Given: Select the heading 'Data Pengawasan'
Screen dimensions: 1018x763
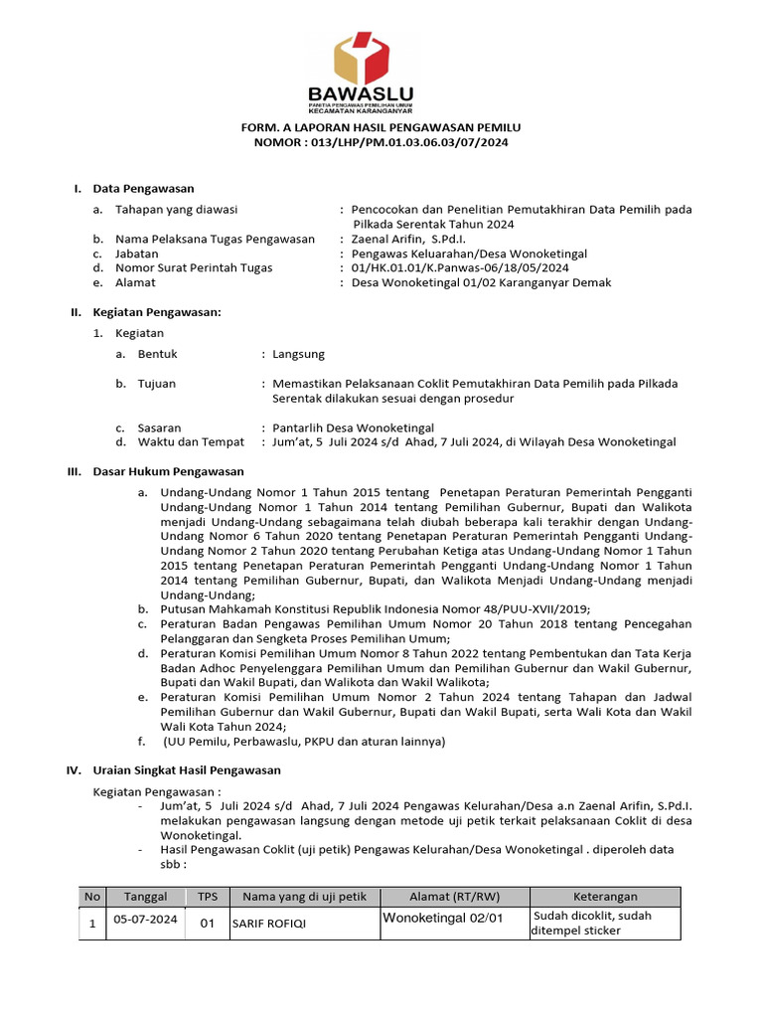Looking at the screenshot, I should click(x=143, y=188).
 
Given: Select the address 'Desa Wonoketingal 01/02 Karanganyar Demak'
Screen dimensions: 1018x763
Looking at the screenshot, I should click(x=482, y=282).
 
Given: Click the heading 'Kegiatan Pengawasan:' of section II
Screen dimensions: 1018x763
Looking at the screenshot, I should click(x=156, y=312).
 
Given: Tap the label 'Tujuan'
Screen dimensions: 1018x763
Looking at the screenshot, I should click(x=157, y=384).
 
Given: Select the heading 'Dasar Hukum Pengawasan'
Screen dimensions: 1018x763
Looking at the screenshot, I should click(x=168, y=471).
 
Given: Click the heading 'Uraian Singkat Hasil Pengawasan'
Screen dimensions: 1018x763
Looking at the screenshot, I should click(x=187, y=769).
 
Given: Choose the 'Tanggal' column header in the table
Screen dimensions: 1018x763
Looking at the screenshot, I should click(x=146, y=896).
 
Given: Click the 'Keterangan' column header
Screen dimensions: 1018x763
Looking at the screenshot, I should click(x=605, y=896).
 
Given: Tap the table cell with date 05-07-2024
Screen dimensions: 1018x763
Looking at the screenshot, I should click(x=146, y=921).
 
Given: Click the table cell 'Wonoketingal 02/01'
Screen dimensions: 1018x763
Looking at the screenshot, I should click(x=443, y=919).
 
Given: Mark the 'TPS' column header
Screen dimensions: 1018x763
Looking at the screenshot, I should click(x=208, y=896).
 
